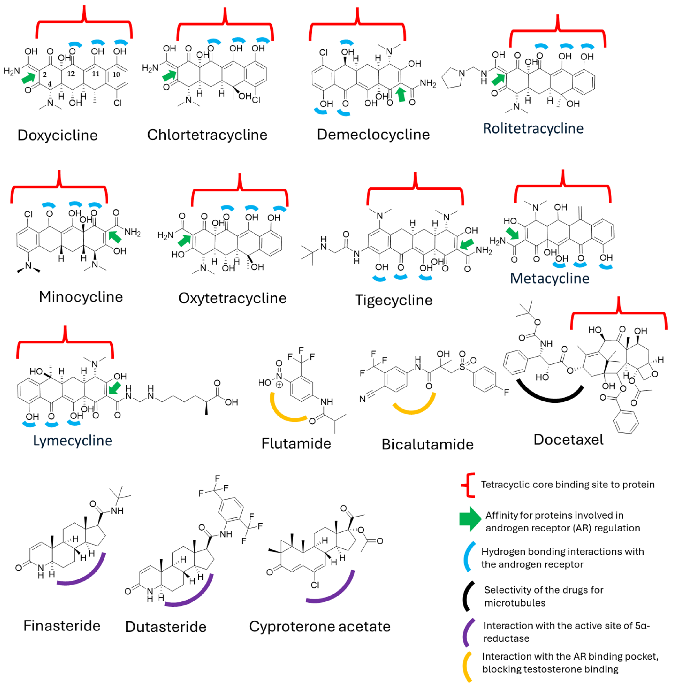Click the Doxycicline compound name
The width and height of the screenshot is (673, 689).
click(58, 135)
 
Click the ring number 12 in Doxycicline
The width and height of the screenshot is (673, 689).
click(71, 74)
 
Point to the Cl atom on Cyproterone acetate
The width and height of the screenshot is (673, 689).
click(315, 585)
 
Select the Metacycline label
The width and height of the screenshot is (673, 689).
click(550, 278)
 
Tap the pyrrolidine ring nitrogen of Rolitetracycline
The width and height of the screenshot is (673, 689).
click(462, 73)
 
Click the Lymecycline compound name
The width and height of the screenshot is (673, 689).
click(73, 441)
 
